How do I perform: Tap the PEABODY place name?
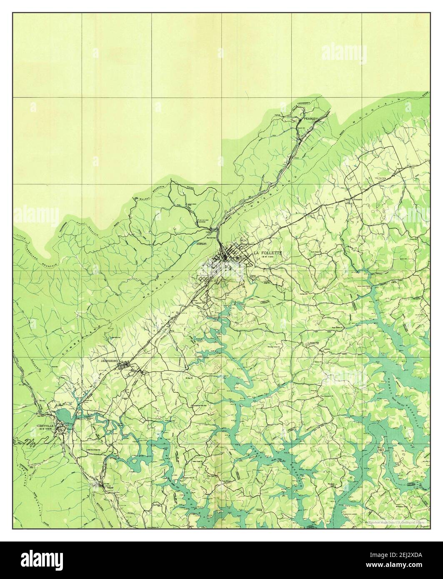(x=310, y=118)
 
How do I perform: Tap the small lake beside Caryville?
(x=64, y=415)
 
